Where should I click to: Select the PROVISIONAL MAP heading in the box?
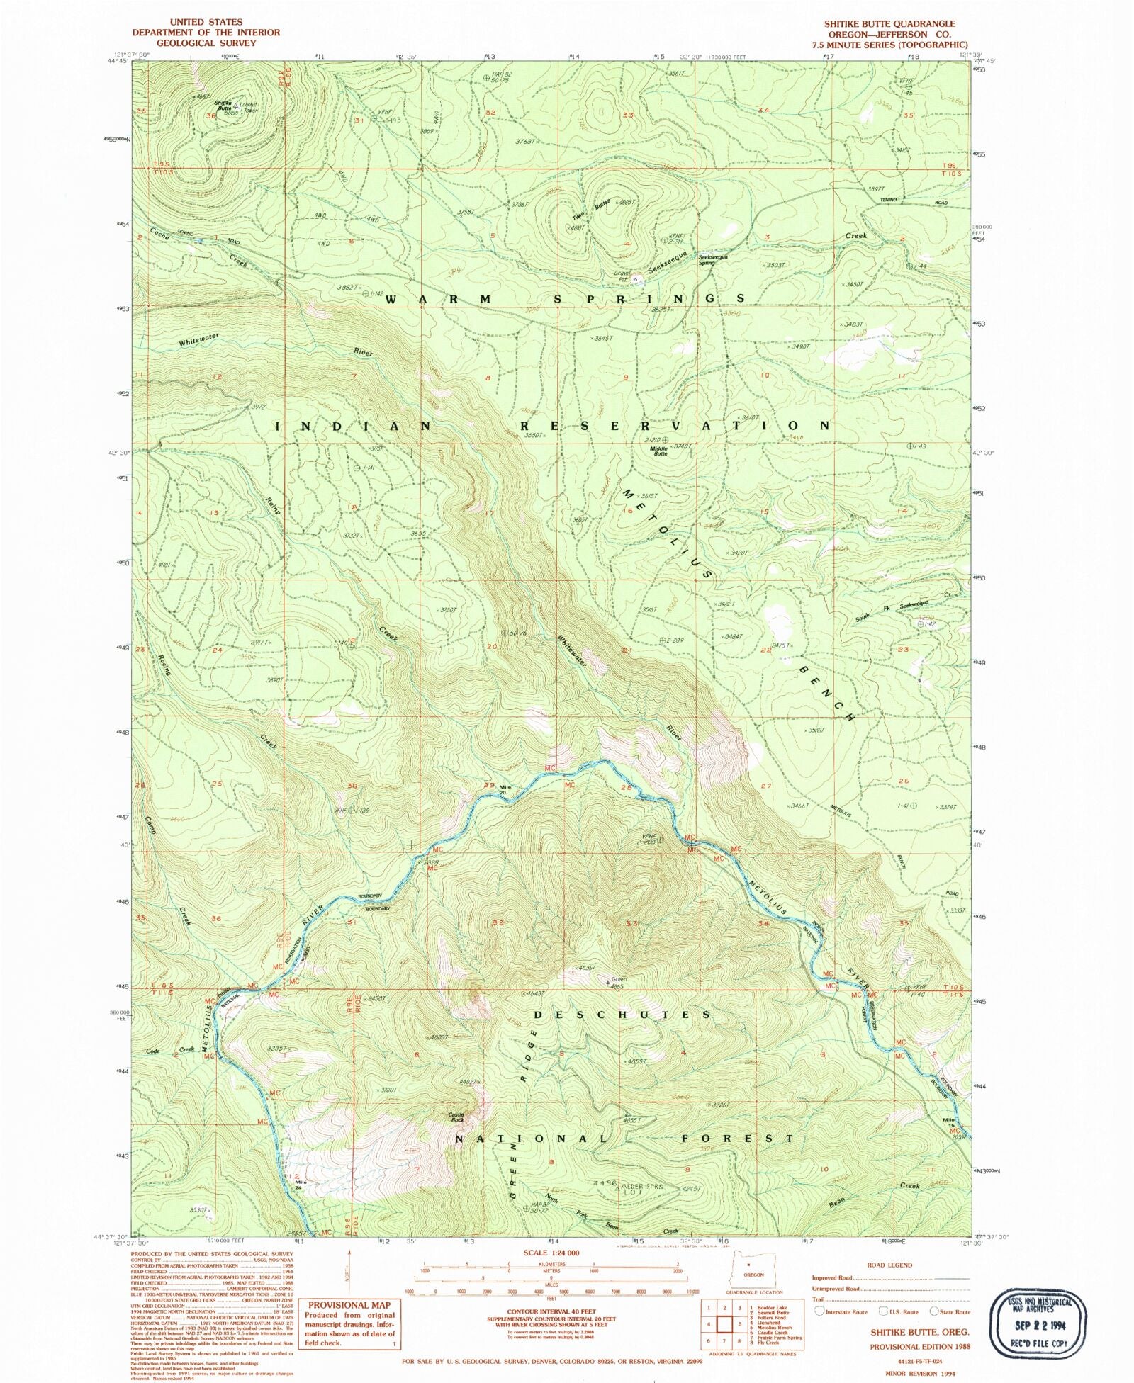tap(349, 1304)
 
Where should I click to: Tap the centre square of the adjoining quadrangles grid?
tap(725, 1324)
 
